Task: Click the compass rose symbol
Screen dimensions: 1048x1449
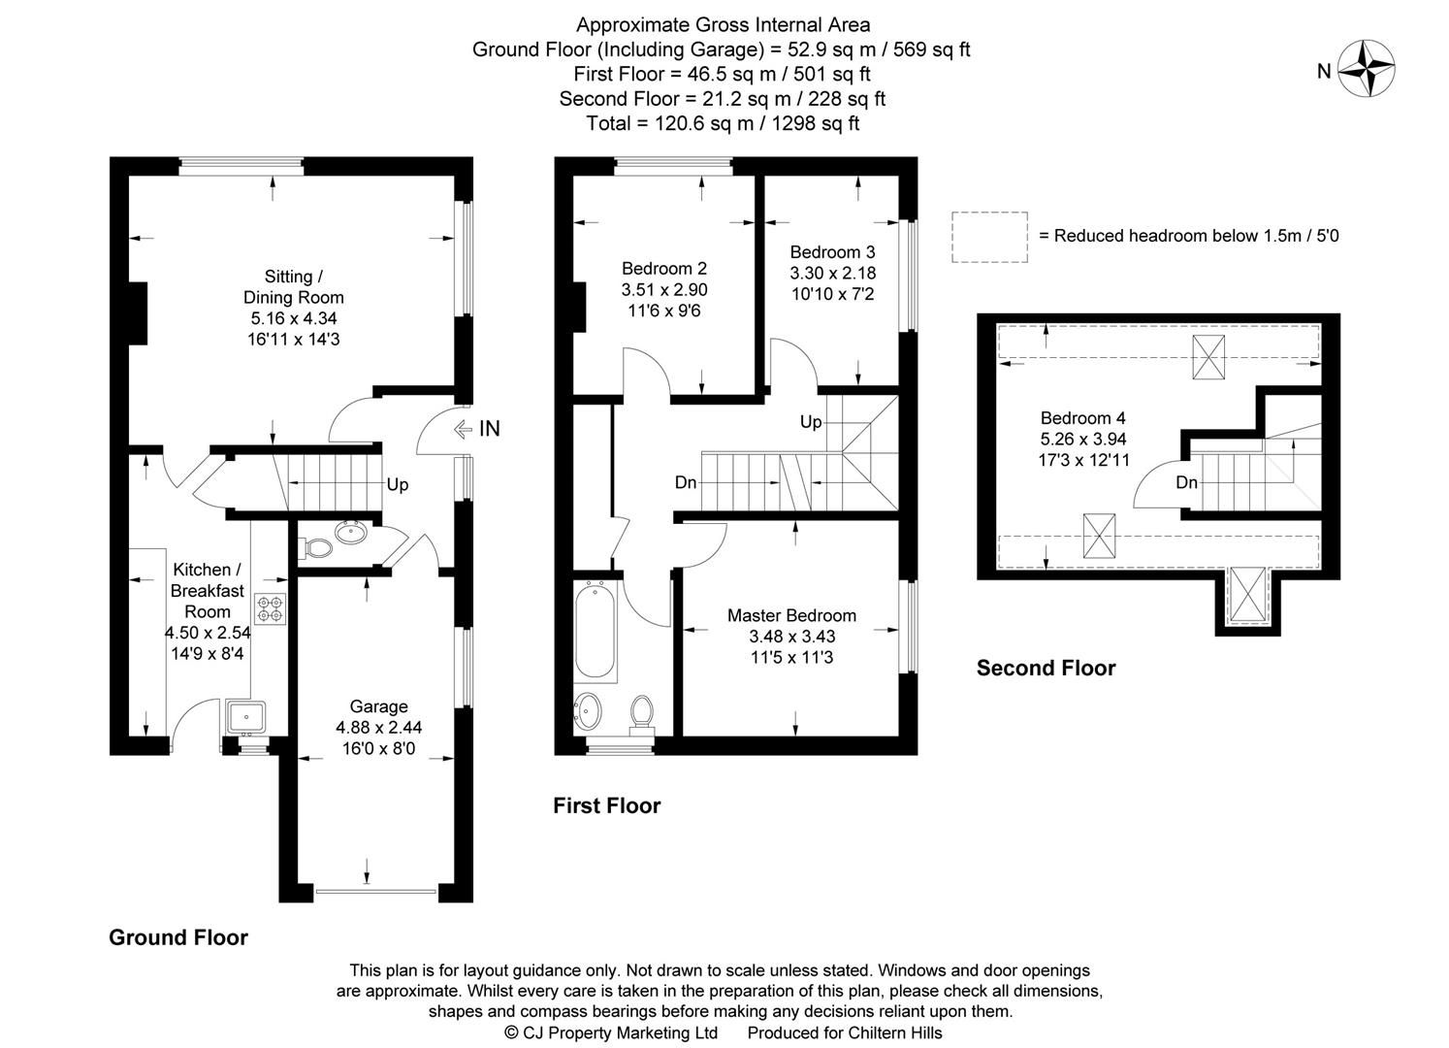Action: point(1368,69)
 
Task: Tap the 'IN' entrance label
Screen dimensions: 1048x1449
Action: point(490,428)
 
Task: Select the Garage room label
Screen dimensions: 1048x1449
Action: point(378,706)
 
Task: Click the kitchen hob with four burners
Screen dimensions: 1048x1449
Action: point(269,608)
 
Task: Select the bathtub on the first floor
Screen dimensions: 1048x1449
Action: point(595,632)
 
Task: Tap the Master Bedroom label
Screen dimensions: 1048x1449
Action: point(791,615)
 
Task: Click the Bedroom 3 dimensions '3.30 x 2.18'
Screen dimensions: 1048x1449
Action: point(832,273)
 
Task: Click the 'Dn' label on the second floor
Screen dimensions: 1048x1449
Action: point(1186,482)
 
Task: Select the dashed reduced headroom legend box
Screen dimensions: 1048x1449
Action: point(988,236)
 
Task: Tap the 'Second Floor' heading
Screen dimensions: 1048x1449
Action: point(1046,668)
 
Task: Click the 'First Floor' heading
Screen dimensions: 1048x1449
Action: point(606,805)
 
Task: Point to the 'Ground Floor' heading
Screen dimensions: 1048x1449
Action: point(178,937)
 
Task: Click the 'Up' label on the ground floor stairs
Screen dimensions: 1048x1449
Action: point(398,484)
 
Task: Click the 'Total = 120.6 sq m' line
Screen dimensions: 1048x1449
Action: point(722,123)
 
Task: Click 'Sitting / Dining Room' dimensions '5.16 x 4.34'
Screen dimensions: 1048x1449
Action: point(293,318)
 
